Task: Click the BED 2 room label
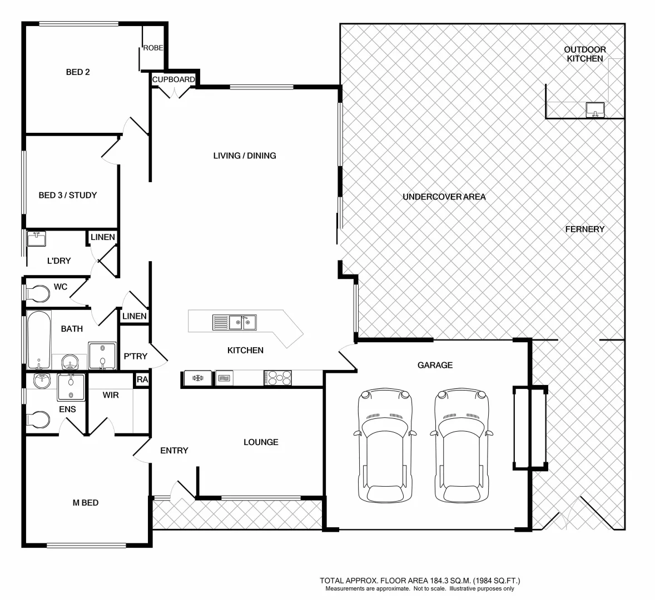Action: click(x=78, y=72)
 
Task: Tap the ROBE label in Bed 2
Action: click(x=153, y=48)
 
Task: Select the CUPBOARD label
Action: click(x=173, y=79)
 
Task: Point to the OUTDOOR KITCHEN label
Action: click(x=585, y=54)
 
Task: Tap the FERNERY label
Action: click(x=585, y=229)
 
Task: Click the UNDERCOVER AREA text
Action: click(x=444, y=197)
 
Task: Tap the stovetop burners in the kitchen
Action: click(x=277, y=378)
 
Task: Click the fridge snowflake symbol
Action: click(x=196, y=378)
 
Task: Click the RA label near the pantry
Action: click(x=142, y=380)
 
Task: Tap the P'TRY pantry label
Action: click(x=135, y=356)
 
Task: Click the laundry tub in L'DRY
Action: click(x=37, y=239)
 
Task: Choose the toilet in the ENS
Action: click(x=37, y=418)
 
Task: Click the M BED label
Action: click(x=86, y=503)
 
